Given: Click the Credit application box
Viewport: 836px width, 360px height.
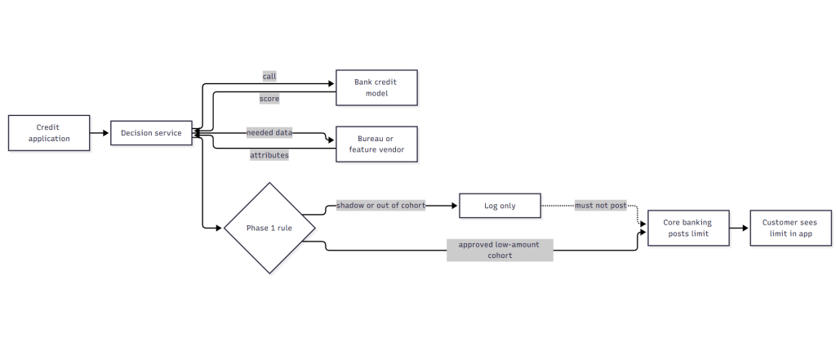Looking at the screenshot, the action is coord(49,133).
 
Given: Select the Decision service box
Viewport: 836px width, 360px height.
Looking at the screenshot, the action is coord(151,133).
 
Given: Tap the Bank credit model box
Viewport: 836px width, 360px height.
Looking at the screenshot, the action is coord(376,87).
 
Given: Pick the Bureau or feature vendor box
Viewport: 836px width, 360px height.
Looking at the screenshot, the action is coord(376,144).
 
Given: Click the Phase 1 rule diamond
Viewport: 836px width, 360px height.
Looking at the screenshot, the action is coord(269,229).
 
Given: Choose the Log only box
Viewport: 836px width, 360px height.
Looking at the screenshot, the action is coord(500,206).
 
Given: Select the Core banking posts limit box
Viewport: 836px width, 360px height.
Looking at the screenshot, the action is coord(688,229).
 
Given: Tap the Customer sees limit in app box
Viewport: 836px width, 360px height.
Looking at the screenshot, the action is coord(790,229).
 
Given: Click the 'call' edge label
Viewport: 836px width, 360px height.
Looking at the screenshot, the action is coord(269,76).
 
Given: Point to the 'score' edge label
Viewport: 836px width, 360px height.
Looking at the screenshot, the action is coord(269,99).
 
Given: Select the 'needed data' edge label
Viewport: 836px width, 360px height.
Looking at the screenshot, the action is coord(269,133).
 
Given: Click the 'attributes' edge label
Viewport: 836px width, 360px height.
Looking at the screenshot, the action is coord(269,155).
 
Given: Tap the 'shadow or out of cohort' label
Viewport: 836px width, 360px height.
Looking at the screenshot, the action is coord(380,206).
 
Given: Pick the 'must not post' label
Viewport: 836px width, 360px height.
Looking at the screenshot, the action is coord(600,206).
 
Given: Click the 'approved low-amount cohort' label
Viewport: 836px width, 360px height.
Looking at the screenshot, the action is coord(500,250).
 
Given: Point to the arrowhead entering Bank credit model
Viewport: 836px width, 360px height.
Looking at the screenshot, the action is coord(331,84).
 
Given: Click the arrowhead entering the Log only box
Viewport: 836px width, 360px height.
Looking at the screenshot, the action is coord(455,206).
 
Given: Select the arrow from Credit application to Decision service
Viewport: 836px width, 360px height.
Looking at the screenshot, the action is coord(100,133).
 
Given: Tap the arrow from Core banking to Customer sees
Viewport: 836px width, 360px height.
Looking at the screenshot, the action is coord(740,229).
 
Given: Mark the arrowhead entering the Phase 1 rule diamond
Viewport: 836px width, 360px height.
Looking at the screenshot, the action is coord(218,229).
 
